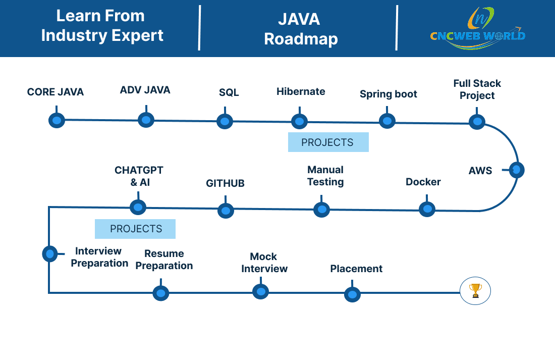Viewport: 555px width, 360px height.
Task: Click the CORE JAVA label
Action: click(x=55, y=92)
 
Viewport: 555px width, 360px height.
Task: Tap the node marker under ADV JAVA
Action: click(x=146, y=120)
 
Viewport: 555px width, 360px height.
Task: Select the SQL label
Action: click(x=229, y=92)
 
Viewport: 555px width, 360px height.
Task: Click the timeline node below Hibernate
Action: click(x=299, y=122)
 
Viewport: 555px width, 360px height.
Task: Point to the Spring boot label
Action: click(x=388, y=94)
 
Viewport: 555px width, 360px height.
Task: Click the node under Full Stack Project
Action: click(x=477, y=122)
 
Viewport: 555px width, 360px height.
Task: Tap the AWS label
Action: click(x=480, y=171)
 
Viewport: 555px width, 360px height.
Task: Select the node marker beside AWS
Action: click(x=517, y=170)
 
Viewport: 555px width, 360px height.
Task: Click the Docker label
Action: click(x=423, y=182)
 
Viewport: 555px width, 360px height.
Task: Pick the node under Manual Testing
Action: click(x=322, y=210)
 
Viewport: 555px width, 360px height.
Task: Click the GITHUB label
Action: click(x=225, y=183)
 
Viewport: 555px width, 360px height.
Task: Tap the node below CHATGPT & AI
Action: click(x=138, y=208)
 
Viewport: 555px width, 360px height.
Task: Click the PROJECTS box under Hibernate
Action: click(x=328, y=142)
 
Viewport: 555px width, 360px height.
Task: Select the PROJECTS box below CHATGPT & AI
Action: click(x=135, y=229)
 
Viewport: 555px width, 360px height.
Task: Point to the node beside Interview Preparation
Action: click(x=50, y=253)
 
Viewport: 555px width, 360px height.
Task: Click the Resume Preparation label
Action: click(x=164, y=260)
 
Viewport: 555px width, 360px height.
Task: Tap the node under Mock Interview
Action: click(x=261, y=292)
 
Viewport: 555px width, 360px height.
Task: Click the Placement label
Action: click(x=356, y=269)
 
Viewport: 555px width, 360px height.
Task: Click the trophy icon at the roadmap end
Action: click(x=475, y=291)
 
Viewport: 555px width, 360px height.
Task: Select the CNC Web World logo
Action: click(x=478, y=28)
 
